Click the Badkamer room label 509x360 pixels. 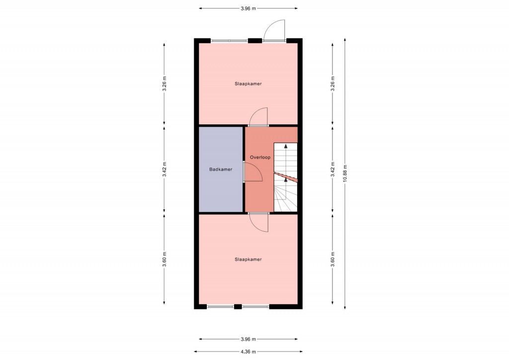[221, 169]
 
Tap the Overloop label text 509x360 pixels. [260, 158]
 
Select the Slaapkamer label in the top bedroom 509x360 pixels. [248, 84]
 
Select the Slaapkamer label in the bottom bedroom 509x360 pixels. [248, 260]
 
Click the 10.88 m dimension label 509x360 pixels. [345, 174]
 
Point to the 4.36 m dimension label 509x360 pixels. [249, 352]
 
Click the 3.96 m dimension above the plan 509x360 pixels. [249, 9]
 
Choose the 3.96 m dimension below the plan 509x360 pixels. [249, 339]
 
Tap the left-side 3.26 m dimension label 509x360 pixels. [165, 84]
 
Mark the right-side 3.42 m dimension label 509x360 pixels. [333, 170]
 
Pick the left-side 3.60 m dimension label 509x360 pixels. [165, 260]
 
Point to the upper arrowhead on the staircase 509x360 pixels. [286, 146]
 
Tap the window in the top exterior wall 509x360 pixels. [230, 41]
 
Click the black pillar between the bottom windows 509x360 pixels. [238, 306]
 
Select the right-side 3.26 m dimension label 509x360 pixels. [333, 84]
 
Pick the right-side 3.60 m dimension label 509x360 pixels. [333, 260]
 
